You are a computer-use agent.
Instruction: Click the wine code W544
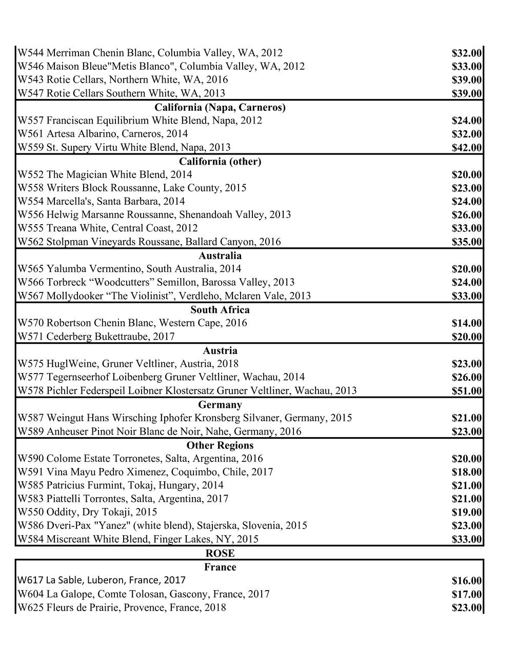(31, 53)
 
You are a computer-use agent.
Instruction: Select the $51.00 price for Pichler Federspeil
(466, 391)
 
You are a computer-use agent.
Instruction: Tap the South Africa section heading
(220, 310)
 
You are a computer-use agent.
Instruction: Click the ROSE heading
(220, 554)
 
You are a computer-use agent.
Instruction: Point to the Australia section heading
(220, 256)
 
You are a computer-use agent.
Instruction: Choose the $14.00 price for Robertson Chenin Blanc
(466, 323)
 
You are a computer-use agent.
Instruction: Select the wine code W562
(31, 242)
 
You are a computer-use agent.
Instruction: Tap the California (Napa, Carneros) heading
(220, 107)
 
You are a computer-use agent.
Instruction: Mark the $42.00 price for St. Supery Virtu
(466, 148)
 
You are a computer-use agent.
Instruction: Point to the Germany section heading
(220, 405)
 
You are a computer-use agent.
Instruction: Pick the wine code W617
(30, 580)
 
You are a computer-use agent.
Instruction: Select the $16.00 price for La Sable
(466, 581)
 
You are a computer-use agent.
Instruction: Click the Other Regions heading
(220, 445)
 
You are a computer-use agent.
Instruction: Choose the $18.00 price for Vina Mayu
(466, 472)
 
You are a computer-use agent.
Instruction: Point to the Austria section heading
(220, 351)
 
